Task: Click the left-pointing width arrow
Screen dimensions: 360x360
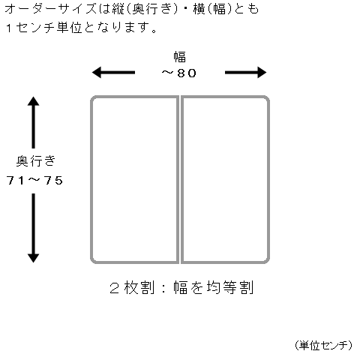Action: pyautogui.click(x=113, y=73)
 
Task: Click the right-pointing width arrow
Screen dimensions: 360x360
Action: pyautogui.click(x=245, y=73)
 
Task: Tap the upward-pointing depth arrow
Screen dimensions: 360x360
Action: pyautogui.click(x=33, y=122)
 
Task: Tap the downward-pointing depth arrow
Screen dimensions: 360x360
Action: pyautogui.click(x=33, y=228)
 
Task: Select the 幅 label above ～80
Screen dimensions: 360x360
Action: pyautogui.click(x=180, y=57)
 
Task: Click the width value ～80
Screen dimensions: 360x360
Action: pyautogui.click(x=178, y=73)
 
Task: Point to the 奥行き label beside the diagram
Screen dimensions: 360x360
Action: pyautogui.click(x=35, y=160)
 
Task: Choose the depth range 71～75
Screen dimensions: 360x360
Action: pyautogui.click(x=34, y=180)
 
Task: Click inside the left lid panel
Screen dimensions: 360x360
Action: pyautogui.click(x=134, y=179)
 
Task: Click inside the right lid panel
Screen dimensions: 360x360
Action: pyautogui.click(x=225, y=179)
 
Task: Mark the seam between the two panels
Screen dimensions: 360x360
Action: pyautogui.click(x=180, y=179)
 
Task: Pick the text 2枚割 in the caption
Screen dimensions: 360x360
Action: pyautogui.click(x=132, y=287)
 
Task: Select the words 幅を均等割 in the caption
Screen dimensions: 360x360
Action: pyautogui.click(x=214, y=287)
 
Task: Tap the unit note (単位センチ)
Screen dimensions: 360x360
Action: pyautogui.click(x=323, y=345)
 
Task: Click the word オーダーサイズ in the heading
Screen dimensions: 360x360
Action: pyautogui.click(x=51, y=9)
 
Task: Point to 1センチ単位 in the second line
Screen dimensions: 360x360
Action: pyautogui.click(x=44, y=28)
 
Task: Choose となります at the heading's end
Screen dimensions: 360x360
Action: pyautogui.click(x=118, y=28)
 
